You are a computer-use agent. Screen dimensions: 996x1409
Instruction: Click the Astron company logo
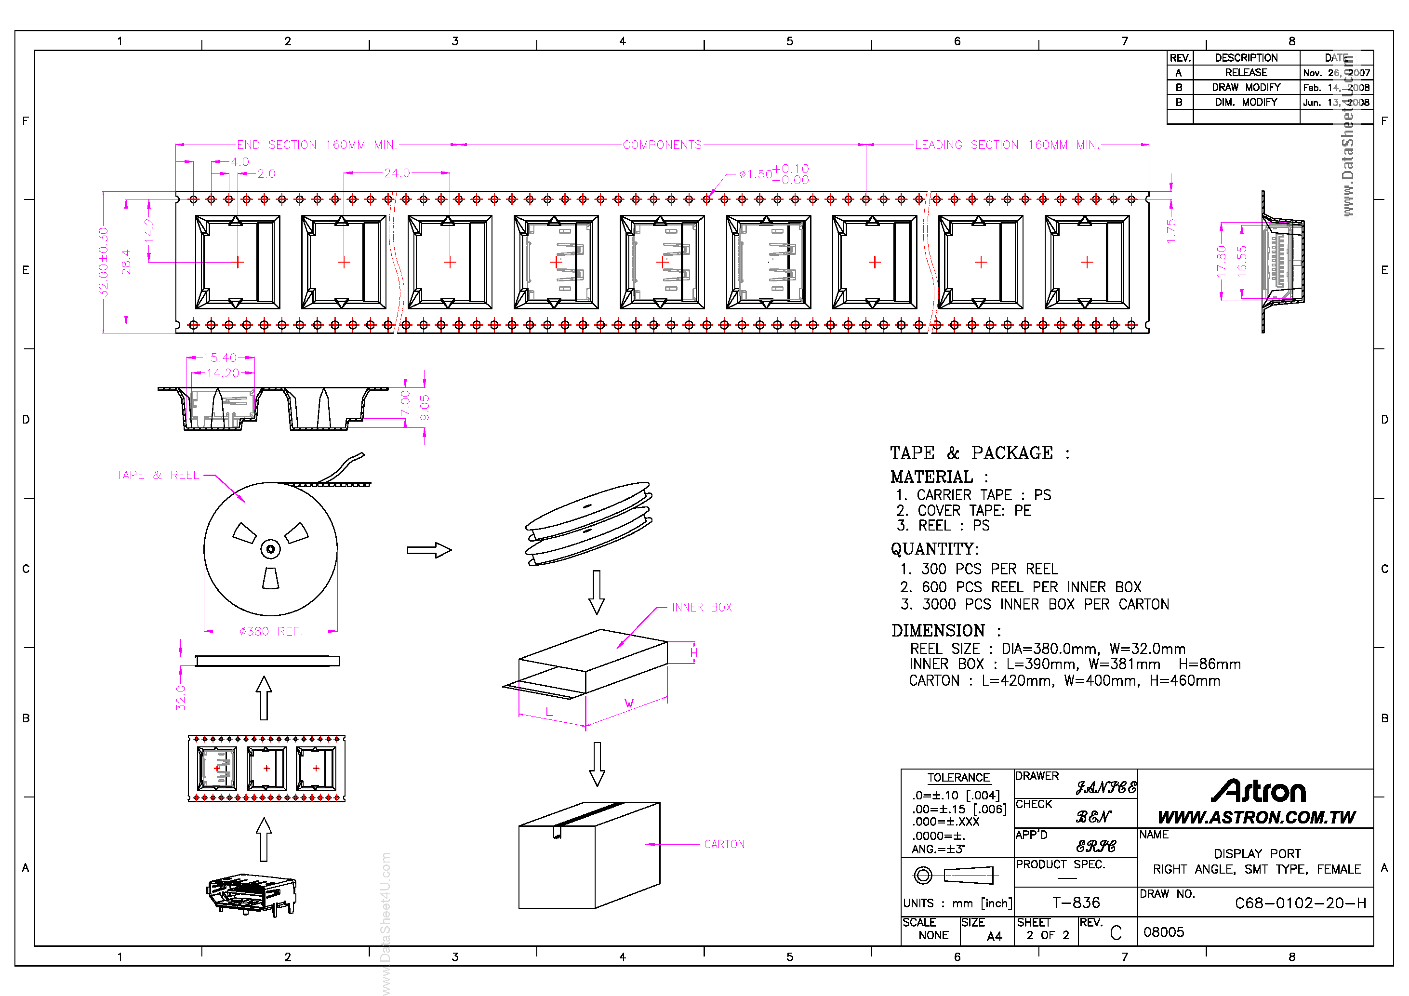pos(1258,791)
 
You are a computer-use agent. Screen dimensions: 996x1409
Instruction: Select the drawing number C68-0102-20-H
pos(1300,903)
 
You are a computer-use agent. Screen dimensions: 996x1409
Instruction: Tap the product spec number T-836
pos(1076,902)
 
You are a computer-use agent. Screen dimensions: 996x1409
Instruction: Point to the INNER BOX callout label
pos(702,607)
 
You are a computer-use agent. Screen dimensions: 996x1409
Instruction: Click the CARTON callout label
pos(724,844)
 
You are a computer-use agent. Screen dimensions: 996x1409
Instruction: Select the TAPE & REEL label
pos(158,475)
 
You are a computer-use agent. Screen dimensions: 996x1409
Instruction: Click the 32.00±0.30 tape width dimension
pos(103,262)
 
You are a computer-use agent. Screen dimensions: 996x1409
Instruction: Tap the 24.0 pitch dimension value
pos(397,173)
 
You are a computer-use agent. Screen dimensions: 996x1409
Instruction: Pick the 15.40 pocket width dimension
pos(220,357)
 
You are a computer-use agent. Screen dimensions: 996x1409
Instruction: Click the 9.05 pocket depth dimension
pos(425,408)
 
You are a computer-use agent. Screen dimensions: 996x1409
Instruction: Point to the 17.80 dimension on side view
pos(1221,262)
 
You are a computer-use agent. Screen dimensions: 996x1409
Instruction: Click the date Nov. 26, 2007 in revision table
pos(1336,72)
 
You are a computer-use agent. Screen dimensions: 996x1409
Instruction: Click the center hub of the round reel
pos(271,549)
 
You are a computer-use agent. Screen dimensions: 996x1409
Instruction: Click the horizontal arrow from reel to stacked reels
pos(429,549)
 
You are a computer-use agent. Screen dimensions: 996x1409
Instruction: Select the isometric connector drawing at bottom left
pos(252,895)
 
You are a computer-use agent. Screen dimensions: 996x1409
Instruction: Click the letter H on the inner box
pos(693,652)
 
